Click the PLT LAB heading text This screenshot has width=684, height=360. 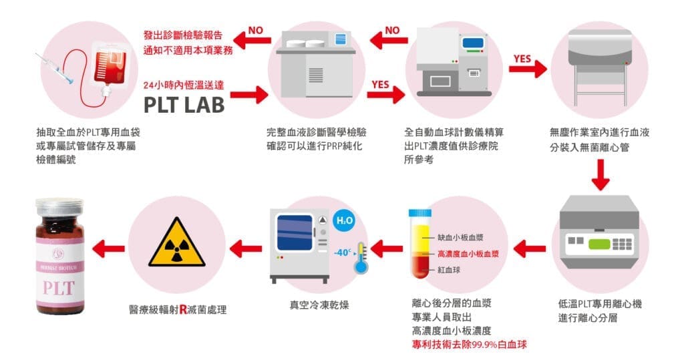click(184, 105)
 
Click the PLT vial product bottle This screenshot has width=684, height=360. click(59, 256)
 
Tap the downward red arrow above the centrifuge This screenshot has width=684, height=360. click(601, 176)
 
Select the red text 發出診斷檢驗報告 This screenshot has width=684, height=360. click(182, 34)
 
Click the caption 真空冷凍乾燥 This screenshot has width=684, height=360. click(313, 305)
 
